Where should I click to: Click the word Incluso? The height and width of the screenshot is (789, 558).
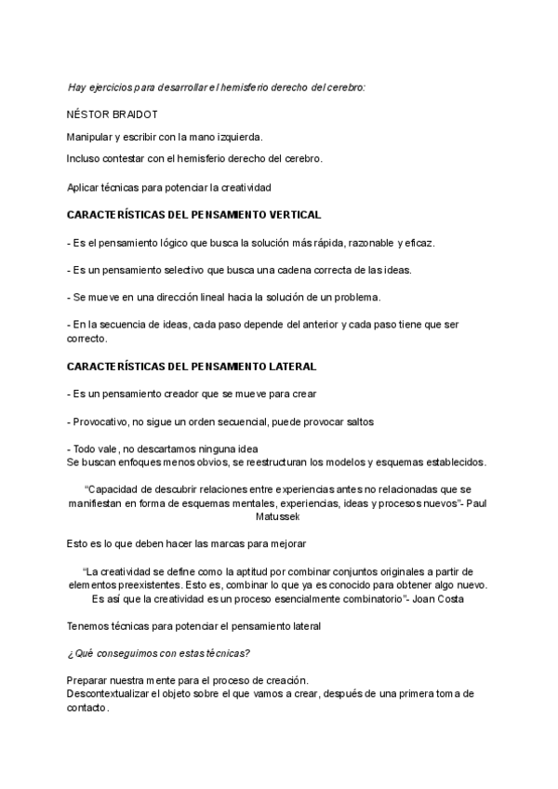85,158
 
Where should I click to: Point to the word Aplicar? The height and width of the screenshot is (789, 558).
85,187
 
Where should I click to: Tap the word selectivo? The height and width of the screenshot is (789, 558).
173,270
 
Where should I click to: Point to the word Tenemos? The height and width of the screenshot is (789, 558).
91,626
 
